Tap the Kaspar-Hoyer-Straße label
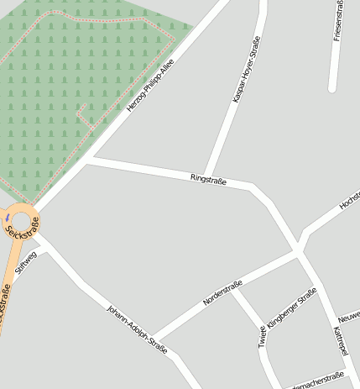pyautogui.click(x=245, y=69)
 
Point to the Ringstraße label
pyautogui.click(x=208, y=178)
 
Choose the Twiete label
pyautogui.click(x=263, y=336)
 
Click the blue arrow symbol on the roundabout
pyautogui.click(x=8, y=218)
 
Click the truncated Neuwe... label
pyautogui.click(x=348, y=318)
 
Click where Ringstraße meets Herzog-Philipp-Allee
pyautogui.click(x=91, y=157)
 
